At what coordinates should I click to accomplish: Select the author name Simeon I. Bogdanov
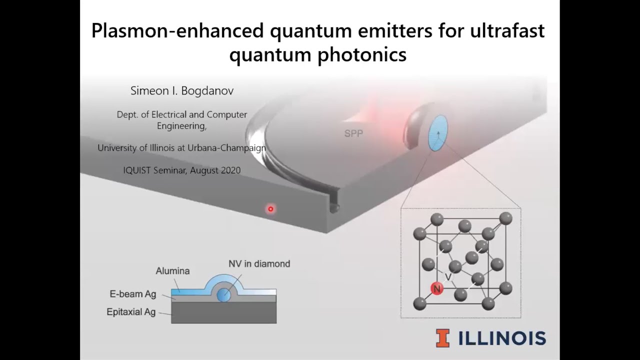tap(182, 91)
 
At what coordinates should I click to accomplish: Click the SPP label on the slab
tap(353, 134)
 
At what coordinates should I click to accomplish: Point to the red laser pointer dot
tap(270, 209)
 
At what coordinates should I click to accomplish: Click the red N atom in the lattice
tap(437, 289)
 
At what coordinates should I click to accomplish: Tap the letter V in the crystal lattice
tap(448, 276)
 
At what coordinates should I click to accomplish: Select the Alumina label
tap(172, 271)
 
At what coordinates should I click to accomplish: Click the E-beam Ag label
tap(132, 294)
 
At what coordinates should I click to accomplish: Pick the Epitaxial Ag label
tap(131, 312)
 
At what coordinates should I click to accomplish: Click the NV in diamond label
tap(259, 263)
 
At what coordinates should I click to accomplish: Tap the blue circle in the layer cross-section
tap(223, 295)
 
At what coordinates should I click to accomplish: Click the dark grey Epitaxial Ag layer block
tap(223, 313)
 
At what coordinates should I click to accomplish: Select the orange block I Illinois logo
tap(442, 337)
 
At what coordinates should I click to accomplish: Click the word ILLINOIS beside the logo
tap(501, 338)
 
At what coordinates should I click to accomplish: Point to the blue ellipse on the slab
tap(438, 133)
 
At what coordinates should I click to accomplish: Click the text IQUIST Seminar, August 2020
tap(182, 170)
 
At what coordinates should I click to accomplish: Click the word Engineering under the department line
tap(181, 126)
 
